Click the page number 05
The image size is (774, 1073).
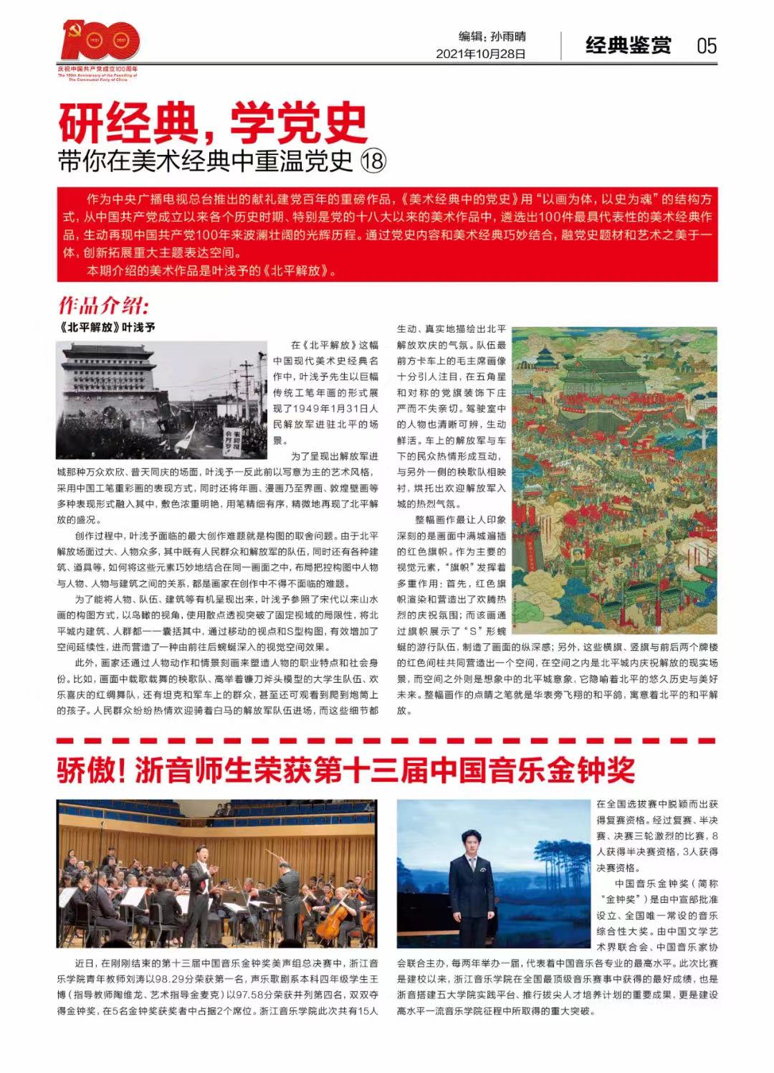706,46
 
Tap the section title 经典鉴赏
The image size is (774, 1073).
629,46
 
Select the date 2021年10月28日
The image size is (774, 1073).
481,54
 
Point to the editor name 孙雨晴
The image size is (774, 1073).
508,36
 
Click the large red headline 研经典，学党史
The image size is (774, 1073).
213,123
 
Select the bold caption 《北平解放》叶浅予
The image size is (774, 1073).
106,327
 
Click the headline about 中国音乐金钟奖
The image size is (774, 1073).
345,770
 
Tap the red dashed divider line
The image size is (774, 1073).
387,739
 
